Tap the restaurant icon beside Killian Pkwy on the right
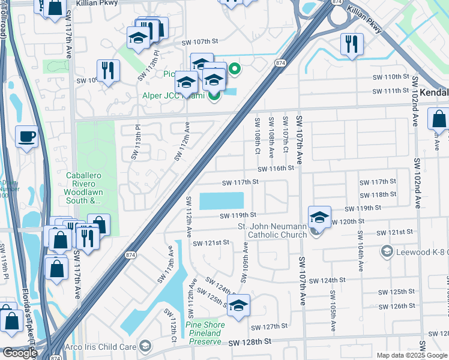349,44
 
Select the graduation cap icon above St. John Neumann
319,217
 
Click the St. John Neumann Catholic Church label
272,230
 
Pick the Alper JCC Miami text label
173,96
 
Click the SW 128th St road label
250,341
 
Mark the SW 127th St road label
270,327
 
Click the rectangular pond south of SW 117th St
221,200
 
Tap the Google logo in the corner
20,353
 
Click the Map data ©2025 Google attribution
411,355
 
